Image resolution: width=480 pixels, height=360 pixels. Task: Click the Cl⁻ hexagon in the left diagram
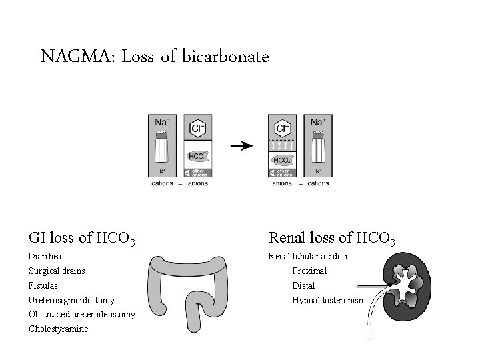point(197,128)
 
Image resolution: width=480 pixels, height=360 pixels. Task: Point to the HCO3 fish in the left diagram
point(197,157)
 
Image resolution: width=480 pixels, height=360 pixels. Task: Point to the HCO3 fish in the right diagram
point(282,161)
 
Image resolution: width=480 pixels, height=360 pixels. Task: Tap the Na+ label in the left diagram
point(162,122)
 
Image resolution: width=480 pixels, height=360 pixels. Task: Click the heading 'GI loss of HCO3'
point(82,238)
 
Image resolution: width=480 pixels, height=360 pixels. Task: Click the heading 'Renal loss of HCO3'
point(332,238)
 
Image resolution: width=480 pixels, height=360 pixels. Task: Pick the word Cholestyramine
point(59,329)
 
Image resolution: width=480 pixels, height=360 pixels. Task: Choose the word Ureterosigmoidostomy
point(71,300)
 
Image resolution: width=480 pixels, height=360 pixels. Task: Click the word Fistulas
point(43,285)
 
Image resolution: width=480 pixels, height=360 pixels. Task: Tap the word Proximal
point(309,271)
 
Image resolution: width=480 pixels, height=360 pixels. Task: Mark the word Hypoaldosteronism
point(329,300)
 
